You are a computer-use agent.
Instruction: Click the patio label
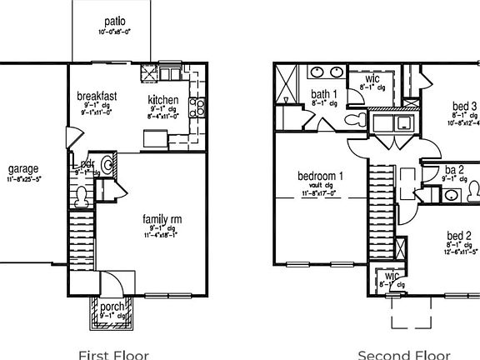tap(116, 21)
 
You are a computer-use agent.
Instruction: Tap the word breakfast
tap(97, 96)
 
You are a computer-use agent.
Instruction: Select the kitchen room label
tap(164, 100)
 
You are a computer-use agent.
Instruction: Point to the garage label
tap(22, 168)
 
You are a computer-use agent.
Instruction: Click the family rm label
tap(162, 219)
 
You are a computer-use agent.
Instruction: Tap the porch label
tap(112, 307)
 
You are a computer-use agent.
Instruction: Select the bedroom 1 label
tap(321, 176)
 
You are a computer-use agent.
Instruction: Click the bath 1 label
tap(324, 94)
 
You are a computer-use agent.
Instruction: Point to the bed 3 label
tap(464, 106)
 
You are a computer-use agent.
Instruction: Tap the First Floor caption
tap(113, 354)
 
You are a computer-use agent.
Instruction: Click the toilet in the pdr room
tap(81, 197)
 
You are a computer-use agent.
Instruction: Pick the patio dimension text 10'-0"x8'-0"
tap(116, 32)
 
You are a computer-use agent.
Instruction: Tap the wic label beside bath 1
tap(372, 78)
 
